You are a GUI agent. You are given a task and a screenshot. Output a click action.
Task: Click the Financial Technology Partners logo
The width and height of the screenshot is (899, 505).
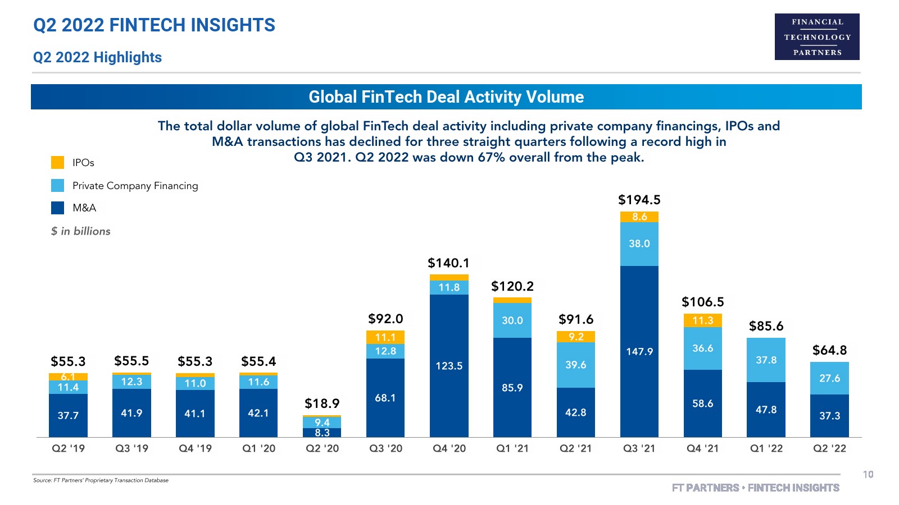click(x=817, y=36)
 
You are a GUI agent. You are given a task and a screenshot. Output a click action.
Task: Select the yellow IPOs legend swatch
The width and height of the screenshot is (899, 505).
click(x=58, y=163)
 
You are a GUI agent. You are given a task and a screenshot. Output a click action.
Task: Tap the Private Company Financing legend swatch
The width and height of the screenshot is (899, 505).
click(x=58, y=186)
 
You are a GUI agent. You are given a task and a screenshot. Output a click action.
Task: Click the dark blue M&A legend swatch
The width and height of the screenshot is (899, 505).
click(x=58, y=208)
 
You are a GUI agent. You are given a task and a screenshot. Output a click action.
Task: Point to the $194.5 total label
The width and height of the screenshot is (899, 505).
click(x=639, y=200)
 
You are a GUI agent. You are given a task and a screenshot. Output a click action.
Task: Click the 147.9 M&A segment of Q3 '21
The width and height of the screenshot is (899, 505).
click(x=639, y=351)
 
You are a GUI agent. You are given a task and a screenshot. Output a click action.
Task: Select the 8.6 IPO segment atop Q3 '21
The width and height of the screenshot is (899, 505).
click(x=639, y=217)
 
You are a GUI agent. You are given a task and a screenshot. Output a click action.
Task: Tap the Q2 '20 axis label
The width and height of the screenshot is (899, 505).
click(x=323, y=448)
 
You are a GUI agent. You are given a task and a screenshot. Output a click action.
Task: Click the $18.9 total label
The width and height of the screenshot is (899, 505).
click(x=322, y=403)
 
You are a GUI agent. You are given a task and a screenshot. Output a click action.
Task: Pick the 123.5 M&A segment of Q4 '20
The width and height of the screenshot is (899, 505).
click(x=449, y=366)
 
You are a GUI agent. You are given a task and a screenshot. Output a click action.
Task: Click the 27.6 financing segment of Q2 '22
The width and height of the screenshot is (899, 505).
click(x=829, y=378)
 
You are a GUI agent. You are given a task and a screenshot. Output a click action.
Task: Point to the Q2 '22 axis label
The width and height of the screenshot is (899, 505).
click(x=829, y=448)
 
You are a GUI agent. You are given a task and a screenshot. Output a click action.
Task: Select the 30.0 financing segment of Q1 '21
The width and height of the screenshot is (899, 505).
click(x=512, y=320)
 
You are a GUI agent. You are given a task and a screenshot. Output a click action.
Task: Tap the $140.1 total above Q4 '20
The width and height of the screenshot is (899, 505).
click(x=448, y=263)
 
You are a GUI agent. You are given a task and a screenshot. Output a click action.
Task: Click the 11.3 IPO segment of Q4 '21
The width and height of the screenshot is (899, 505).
click(x=702, y=320)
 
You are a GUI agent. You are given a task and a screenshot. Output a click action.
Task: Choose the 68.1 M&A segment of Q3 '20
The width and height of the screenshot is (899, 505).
click(x=385, y=398)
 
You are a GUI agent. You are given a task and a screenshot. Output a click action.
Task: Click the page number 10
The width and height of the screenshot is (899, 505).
click(x=868, y=475)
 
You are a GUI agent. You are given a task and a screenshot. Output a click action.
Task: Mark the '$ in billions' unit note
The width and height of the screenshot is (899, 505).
click(x=81, y=231)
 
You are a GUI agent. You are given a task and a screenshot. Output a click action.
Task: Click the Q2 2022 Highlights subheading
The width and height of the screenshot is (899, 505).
click(x=97, y=57)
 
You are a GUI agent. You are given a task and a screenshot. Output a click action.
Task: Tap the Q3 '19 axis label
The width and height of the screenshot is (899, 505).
click(x=132, y=448)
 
